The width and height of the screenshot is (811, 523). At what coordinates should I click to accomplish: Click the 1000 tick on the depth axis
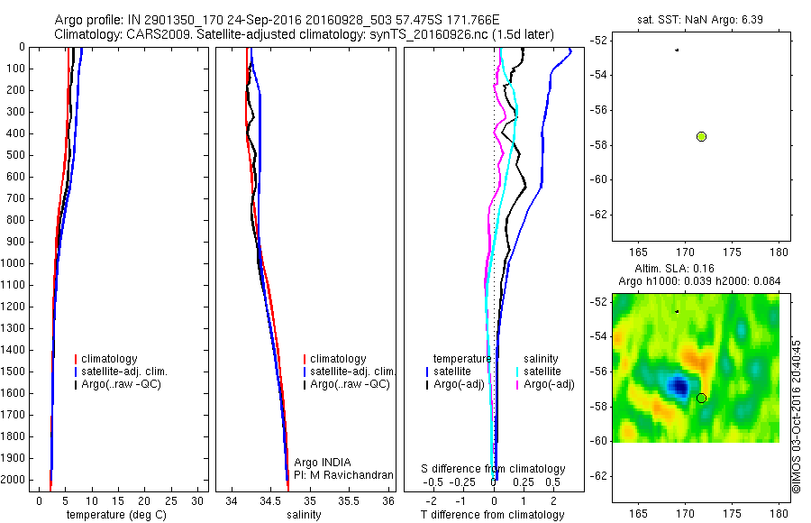click(14, 263)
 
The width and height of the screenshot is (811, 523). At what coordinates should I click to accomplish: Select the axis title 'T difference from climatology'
click(492, 515)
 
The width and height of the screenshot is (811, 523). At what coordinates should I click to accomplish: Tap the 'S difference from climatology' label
click(494, 469)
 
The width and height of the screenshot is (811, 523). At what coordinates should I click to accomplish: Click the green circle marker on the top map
click(701, 136)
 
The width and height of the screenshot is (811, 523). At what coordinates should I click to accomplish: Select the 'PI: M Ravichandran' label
click(344, 474)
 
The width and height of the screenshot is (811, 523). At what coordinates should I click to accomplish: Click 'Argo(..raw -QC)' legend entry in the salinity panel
click(350, 384)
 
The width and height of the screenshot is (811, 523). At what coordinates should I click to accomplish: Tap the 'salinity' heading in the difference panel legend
click(542, 359)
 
